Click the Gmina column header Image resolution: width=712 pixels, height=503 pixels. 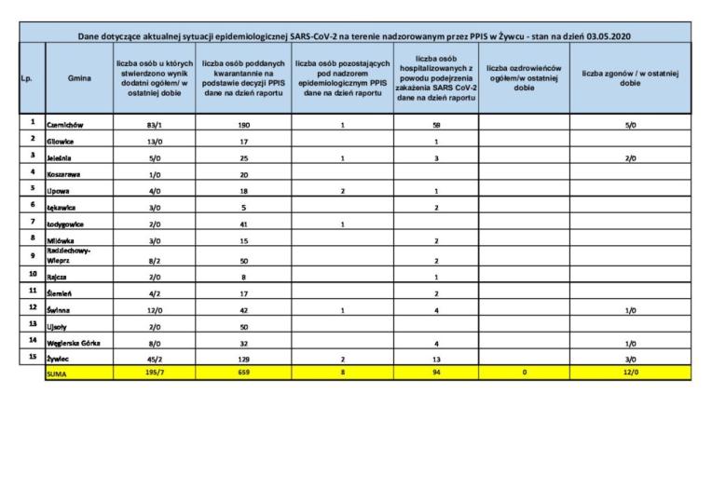[x=79, y=78]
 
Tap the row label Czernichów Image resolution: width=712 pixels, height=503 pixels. [x=65, y=124]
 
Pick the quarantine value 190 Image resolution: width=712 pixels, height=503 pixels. [x=243, y=124]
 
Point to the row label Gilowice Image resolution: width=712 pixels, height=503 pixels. [x=62, y=141]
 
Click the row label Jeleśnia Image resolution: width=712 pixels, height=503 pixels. [x=61, y=158]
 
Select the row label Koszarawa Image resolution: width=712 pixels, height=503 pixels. [x=63, y=175]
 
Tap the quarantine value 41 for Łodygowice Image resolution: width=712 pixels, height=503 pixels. [x=243, y=224]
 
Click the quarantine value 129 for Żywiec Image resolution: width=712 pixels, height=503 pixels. [x=243, y=359]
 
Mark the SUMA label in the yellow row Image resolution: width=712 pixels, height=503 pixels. [x=58, y=374]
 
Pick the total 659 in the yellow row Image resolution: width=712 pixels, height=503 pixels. [x=243, y=374]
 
